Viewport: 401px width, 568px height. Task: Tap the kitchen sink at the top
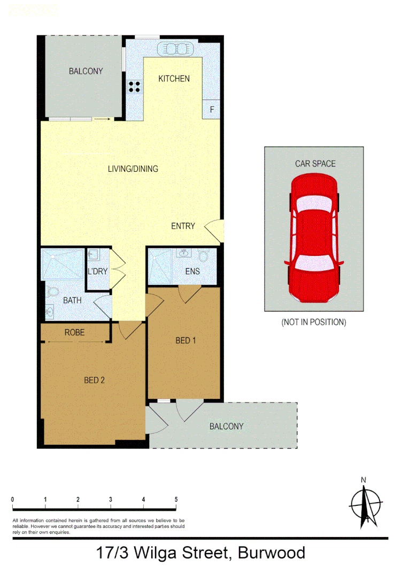176,49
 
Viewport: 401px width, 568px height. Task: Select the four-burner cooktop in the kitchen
134,87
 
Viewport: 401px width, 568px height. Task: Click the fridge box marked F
212,110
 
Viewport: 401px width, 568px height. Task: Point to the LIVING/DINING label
133,169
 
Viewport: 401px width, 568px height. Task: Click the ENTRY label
183,226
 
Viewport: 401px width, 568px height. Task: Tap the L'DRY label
97,271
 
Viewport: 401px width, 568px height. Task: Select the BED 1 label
183,340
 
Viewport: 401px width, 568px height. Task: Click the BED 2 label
94,380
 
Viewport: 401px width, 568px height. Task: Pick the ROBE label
74,332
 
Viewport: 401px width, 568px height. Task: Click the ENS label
192,271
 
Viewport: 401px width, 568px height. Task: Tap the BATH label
72,300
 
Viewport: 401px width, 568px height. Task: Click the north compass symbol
365,502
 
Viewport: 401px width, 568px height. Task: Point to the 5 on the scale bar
176,499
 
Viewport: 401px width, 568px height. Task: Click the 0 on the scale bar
12,499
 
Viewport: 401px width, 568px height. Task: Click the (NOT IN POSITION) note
314,322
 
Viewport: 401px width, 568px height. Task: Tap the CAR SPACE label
315,163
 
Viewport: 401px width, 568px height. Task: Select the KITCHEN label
174,79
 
